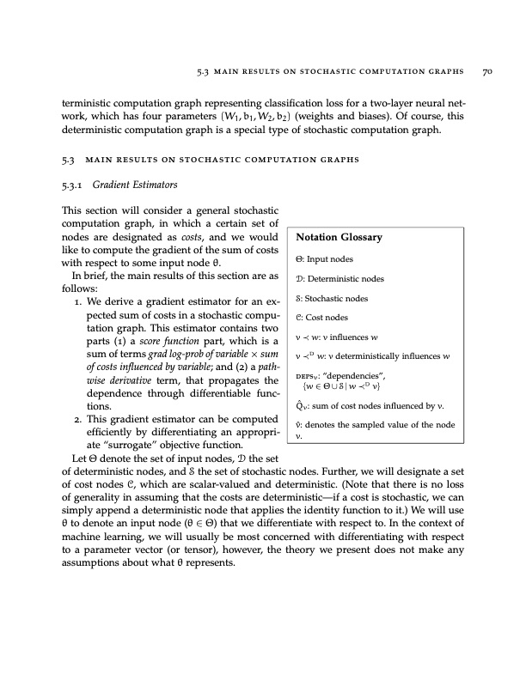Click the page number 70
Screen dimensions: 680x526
(486, 72)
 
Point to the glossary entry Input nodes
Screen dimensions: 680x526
(329, 258)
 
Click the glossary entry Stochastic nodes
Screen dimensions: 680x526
(337, 299)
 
